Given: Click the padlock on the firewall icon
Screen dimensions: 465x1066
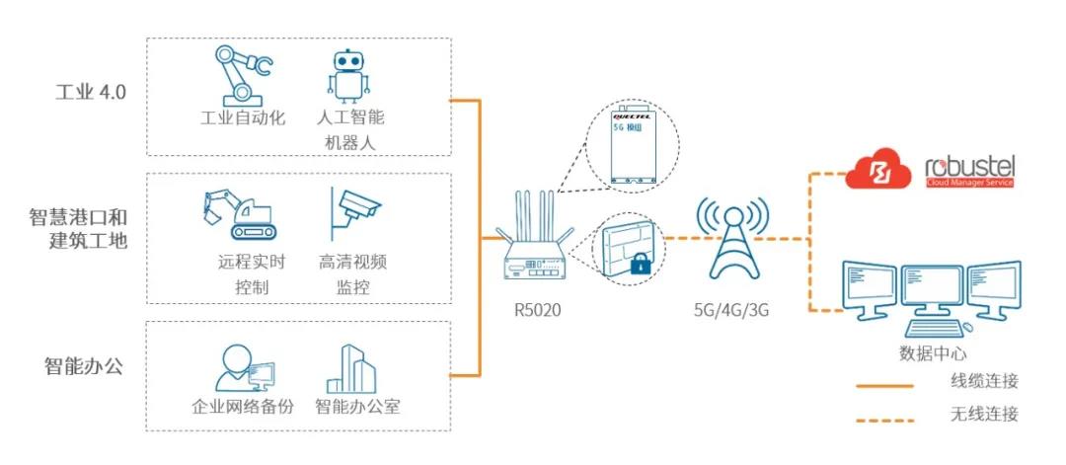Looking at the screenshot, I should click(640, 263).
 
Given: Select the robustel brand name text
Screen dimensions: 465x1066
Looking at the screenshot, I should click(968, 165).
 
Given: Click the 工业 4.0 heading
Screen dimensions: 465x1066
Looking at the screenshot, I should click(90, 93).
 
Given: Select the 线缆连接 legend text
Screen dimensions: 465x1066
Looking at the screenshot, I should click(983, 381).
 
